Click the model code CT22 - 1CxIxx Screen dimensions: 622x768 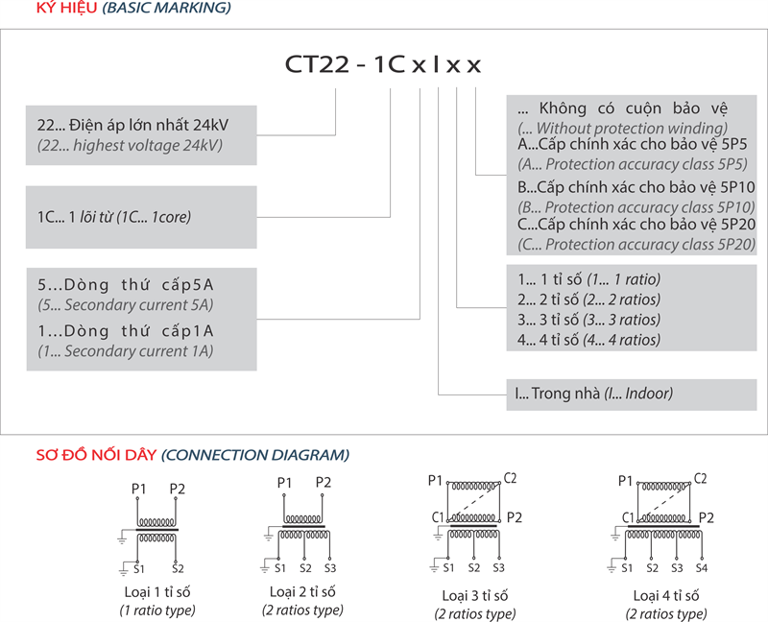coord(383,64)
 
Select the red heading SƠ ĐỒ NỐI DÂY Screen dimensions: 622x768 coord(96,454)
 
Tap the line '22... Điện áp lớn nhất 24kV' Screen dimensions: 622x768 coord(132,126)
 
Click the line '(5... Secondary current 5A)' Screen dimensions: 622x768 coord(125,305)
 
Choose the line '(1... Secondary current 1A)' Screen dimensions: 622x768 coord(125,351)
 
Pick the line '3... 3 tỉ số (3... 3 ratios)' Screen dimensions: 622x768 coord(588,320)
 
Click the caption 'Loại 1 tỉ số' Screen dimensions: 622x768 coord(157,591)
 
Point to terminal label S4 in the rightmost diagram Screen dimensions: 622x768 coord(702,567)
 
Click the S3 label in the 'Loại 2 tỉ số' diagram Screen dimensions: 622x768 coord(330,566)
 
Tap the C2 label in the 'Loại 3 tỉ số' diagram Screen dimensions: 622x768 coord(511,478)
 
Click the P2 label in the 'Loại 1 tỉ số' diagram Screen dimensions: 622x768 coord(177,489)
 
